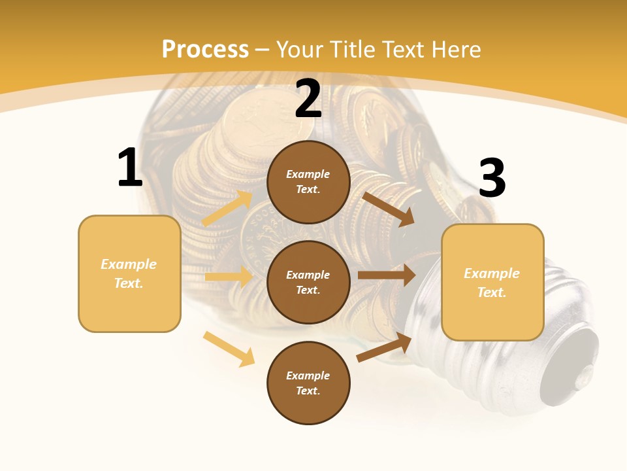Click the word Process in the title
click(205, 50)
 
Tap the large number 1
click(130, 168)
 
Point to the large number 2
click(308, 99)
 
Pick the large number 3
click(492, 179)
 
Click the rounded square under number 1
click(129, 273)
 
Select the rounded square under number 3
click(492, 282)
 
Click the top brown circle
click(308, 182)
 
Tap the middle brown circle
click(308, 282)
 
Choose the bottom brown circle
click(308, 383)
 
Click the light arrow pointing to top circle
click(227, 209)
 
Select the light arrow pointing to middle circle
click(229, 277)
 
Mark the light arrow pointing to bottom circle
click(229, 349)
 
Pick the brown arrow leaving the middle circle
click(387, 275)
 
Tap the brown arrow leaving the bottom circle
click(384, 347)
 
